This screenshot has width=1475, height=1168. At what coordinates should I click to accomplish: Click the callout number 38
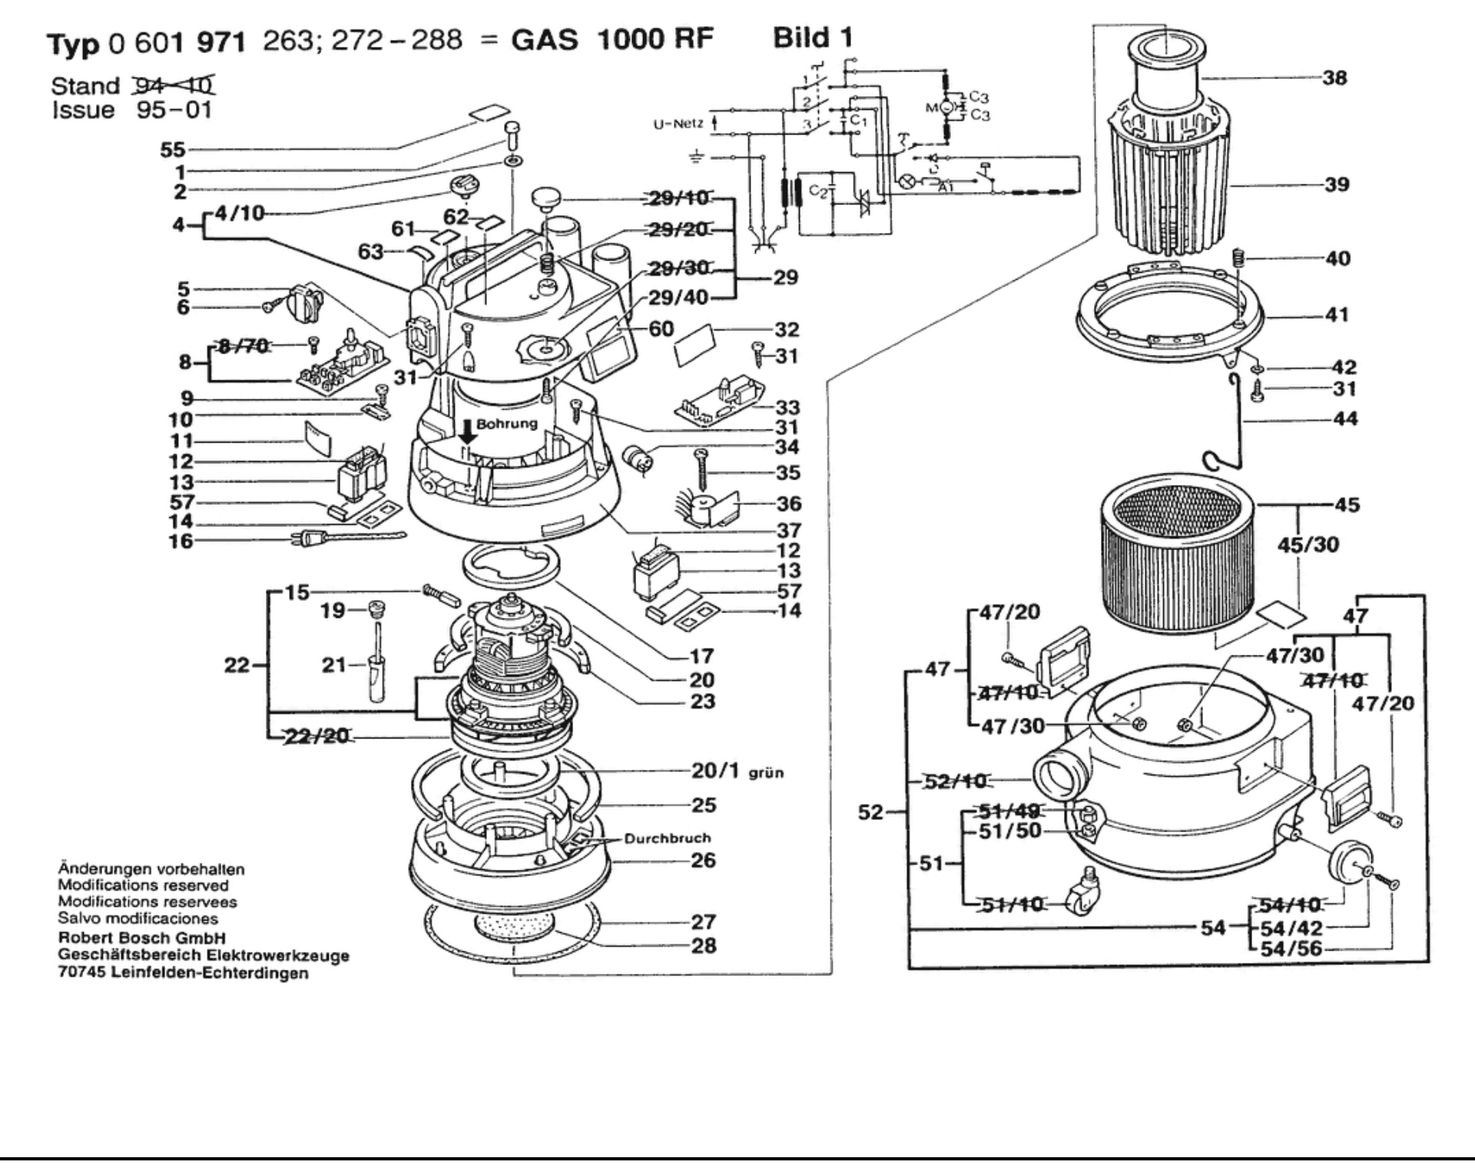[x=1334, y=78]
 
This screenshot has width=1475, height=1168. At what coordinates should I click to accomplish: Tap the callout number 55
[x=173, y=150]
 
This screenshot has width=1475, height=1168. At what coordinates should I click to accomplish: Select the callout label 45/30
[x=1308, y=545]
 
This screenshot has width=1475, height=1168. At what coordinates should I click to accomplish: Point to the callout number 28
[x=703, y=945]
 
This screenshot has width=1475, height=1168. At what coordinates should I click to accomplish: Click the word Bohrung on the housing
[x=506, y=424]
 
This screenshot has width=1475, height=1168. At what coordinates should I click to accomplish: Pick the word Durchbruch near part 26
[x=667, y=838]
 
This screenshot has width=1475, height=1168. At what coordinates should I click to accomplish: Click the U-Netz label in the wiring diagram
[x=678, y=124]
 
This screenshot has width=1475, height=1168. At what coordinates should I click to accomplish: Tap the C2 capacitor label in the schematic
[x=818, y=191]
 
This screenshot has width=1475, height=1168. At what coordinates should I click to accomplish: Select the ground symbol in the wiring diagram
[x=696, y=158]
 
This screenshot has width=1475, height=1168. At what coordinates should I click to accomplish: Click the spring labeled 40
[x=1238, y=258]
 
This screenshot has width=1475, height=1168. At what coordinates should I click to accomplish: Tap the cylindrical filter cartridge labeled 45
[x=1177, y=562]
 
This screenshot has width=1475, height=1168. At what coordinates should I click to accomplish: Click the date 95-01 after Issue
[x=174, y=110]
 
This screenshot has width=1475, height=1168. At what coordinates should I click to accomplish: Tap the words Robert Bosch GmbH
[x=142, y=937]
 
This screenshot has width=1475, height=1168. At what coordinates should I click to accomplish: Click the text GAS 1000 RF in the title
[x=612, y=38]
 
